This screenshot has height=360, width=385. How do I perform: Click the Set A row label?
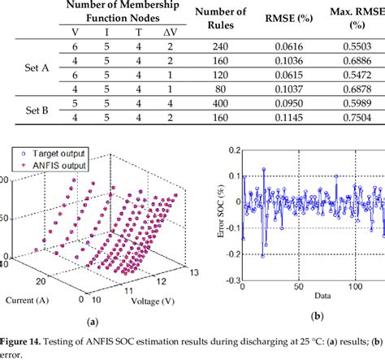33,69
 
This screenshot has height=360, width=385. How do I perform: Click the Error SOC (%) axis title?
213,217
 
